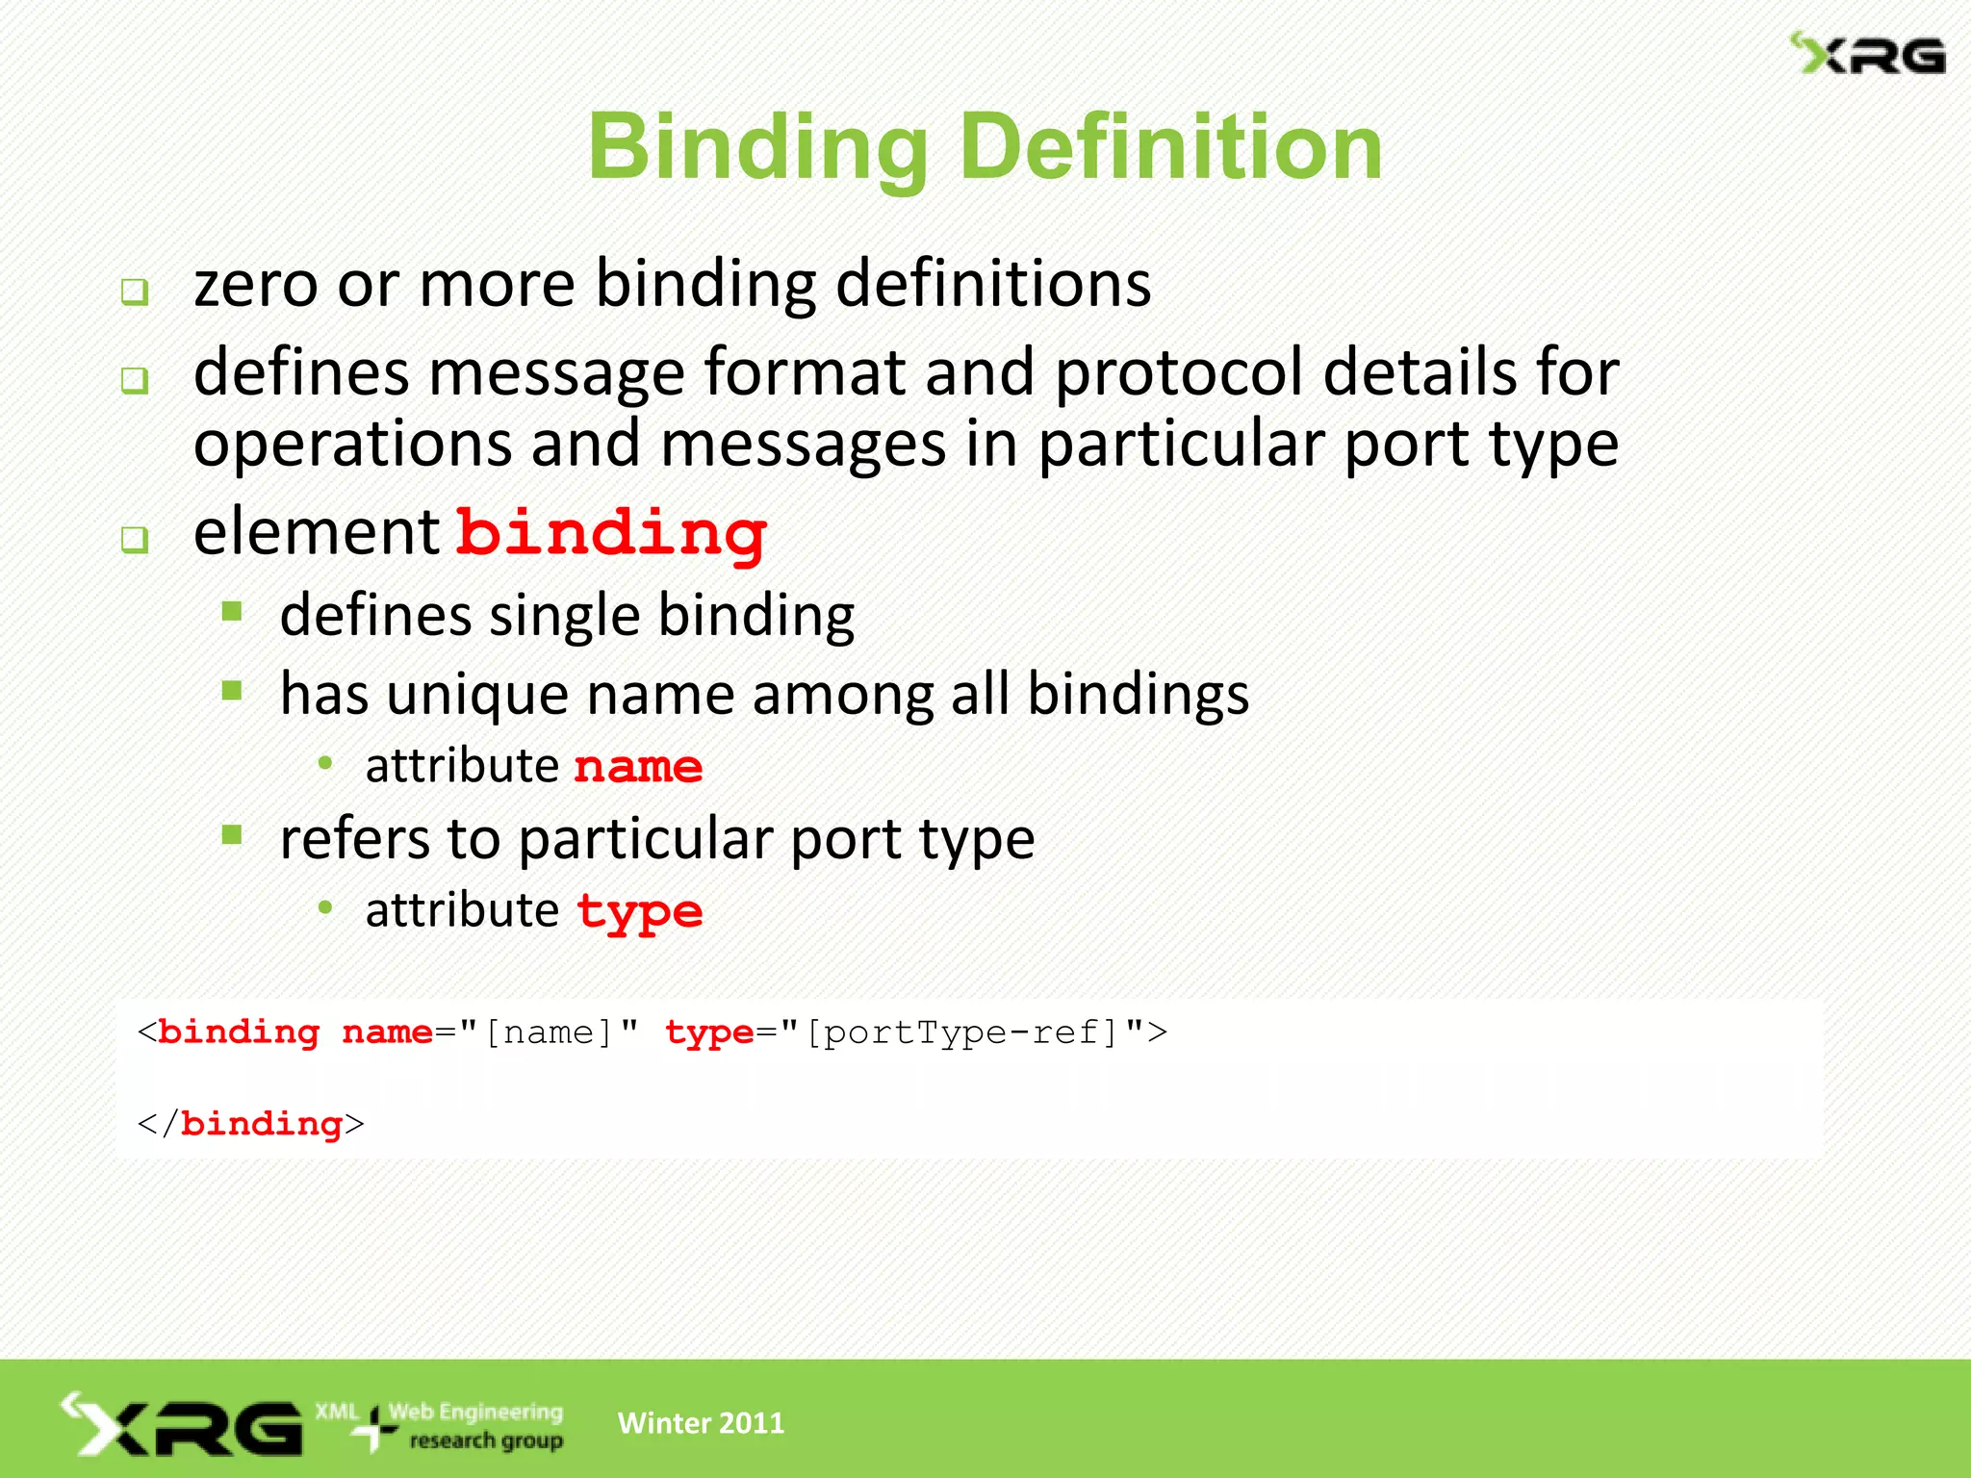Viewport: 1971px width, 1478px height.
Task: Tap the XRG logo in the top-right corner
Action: (1867, 55)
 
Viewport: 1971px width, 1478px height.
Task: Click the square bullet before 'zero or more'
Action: (135, 292)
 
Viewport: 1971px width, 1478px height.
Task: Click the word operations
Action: (352, 445)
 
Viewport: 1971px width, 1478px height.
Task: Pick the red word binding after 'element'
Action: (612, 534)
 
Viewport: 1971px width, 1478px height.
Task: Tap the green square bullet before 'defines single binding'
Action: (232, 612)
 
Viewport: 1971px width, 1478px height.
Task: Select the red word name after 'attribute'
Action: (638, 767)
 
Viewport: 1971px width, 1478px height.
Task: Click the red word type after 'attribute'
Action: (640, 911)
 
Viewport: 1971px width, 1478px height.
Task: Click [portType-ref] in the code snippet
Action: (961, 1032)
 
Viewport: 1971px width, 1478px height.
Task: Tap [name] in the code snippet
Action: (549, 1032)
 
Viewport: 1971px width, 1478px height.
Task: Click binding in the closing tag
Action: (261, 1124)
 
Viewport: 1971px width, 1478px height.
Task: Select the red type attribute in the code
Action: (709, 1032)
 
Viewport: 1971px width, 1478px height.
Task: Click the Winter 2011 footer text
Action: (701, 1423)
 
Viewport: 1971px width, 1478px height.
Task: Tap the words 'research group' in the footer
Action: (486, 1440)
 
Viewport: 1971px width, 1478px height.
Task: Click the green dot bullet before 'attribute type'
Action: (325, 907)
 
